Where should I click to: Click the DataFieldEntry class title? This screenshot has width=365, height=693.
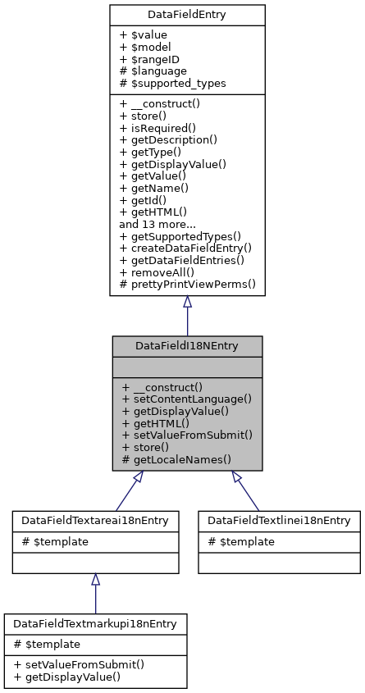187,15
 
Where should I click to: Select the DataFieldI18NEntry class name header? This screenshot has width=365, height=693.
187,346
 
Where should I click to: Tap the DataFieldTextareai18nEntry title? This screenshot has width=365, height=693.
95,520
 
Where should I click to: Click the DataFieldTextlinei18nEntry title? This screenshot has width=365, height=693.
279,520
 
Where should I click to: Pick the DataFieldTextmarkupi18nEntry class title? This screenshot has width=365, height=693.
95,623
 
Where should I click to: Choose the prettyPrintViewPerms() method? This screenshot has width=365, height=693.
188,285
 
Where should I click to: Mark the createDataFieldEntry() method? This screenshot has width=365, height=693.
185,248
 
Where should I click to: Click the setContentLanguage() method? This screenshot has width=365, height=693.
185,399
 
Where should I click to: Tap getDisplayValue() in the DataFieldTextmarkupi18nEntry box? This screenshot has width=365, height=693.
66,677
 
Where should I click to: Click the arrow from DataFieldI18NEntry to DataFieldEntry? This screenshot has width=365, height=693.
187,316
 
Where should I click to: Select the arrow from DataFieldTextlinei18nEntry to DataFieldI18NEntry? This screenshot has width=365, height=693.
248,490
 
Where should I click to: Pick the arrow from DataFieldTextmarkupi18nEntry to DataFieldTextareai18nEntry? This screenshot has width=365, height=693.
95,593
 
